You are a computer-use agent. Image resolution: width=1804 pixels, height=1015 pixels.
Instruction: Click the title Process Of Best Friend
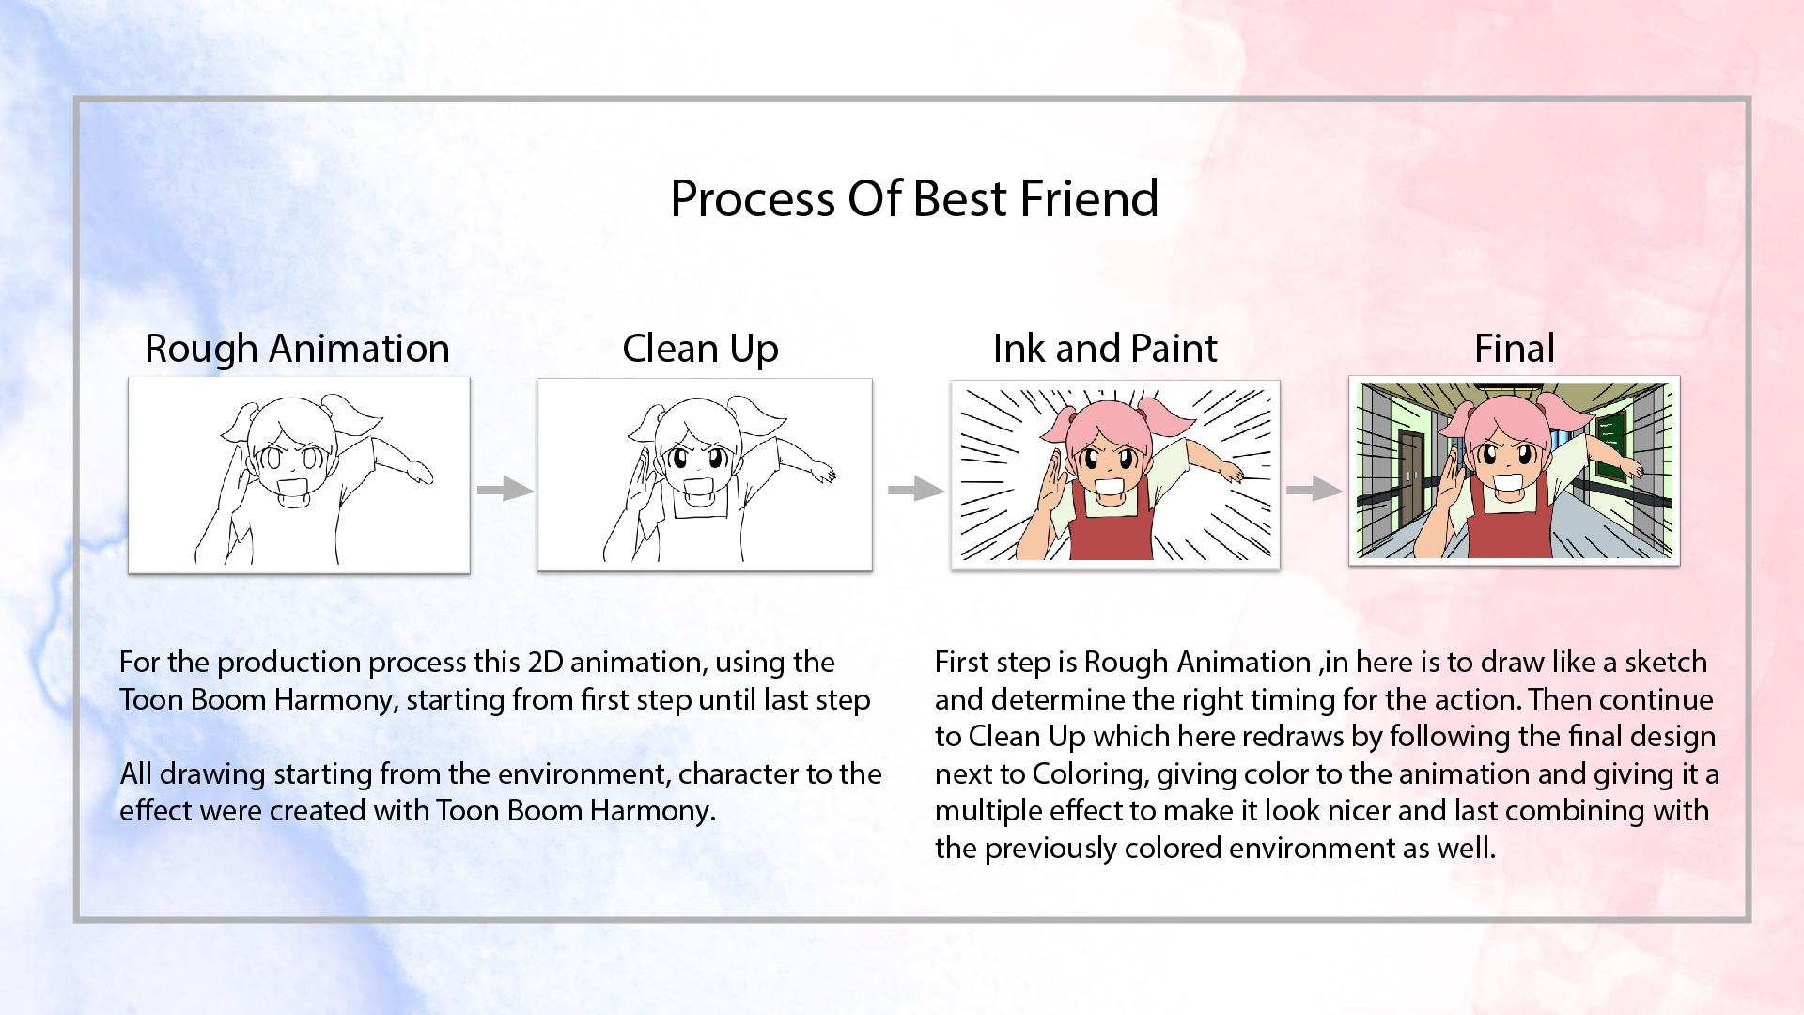[914, 198]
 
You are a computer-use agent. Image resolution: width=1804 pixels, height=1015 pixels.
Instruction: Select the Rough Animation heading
[297, 349]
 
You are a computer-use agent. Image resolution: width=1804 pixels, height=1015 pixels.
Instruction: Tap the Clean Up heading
[700, 350]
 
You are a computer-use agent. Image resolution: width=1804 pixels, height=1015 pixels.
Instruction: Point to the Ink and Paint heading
[1105, 349]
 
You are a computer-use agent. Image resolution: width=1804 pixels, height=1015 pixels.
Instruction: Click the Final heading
[1514, 349]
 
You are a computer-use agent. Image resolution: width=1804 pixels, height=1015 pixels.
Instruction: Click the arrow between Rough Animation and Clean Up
[505, 489]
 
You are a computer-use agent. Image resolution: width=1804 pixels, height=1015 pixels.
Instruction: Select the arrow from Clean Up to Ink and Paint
[916, 489]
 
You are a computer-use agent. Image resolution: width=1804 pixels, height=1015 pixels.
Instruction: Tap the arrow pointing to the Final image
[1314, 489]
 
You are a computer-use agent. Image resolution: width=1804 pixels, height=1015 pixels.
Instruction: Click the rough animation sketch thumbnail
[299, 475]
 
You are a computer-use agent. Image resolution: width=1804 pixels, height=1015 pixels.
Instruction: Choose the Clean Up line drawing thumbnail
[705, 475]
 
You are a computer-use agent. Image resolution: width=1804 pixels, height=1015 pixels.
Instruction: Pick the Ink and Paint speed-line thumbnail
[1115, 474]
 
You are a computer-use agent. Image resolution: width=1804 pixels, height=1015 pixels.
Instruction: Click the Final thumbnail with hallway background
[1514, 471]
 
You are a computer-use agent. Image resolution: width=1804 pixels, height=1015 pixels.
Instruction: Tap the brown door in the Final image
[1410, 479]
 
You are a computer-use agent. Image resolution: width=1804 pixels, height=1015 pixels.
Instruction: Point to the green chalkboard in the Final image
[1612, 442]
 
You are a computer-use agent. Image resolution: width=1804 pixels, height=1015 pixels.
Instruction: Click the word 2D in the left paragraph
[545, 662]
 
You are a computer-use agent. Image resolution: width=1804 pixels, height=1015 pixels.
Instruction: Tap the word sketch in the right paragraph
[1666, 662]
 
